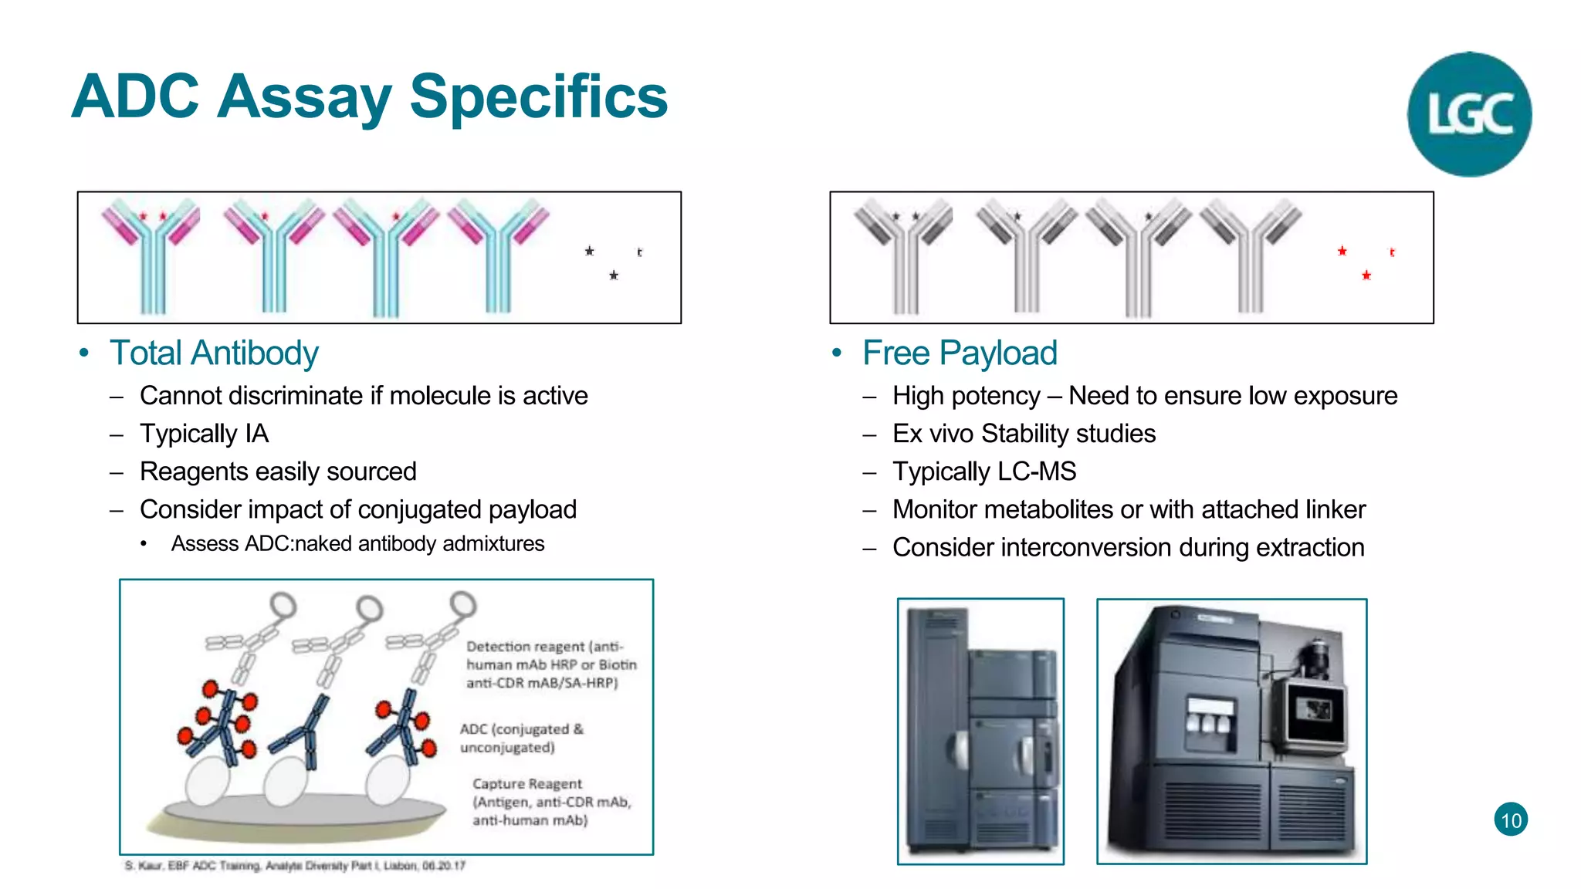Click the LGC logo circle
[1469, 114]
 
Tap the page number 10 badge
[1511, 820]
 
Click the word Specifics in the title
[538, 97]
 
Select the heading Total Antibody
[214, 353]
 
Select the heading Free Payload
[960, 353]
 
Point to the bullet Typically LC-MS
[984, 472]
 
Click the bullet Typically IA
[204, 434]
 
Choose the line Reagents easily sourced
[278, 472]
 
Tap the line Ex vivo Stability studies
[1024, 434]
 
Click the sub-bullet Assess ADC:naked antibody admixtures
[357, 544]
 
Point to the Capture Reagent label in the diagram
[527, 784]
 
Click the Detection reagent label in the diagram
[543, 647]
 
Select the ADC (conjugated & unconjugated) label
[521, 739]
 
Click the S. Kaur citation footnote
[295, 866]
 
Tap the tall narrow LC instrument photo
[980, 731]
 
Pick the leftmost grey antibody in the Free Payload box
[904, 255]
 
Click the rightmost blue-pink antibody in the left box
[498, 255]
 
